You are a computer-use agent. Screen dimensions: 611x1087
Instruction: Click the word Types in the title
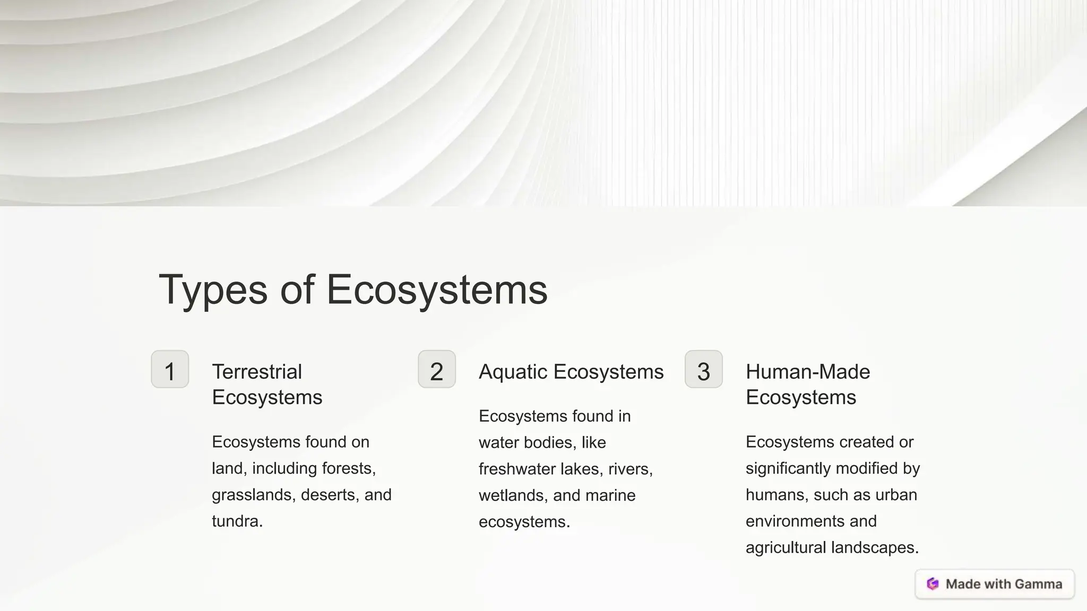click(x=213, y=290)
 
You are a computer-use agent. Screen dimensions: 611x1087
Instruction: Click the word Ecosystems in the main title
click(x=436, y=290)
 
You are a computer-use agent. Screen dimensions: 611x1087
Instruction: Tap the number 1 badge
click(x=170, y=370)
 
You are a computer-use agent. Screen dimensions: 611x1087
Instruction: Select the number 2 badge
click(x=436, y=370)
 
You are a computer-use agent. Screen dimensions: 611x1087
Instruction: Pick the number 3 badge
click(x=703, y=370)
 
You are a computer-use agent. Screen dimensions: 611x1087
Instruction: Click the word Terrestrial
click(x=257, y=372)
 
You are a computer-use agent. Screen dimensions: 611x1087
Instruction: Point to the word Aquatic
click(x=513, y=372)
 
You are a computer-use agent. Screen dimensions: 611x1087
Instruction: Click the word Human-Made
click(x=808, y=372)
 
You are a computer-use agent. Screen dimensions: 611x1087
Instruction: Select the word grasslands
click(x=254, y=495)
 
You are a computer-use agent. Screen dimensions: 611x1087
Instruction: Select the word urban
click(x=896, y=495)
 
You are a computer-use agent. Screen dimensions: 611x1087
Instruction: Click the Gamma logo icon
click(x=933, y=584)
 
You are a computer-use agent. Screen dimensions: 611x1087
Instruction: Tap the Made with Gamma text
click(x=1004, y=584)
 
